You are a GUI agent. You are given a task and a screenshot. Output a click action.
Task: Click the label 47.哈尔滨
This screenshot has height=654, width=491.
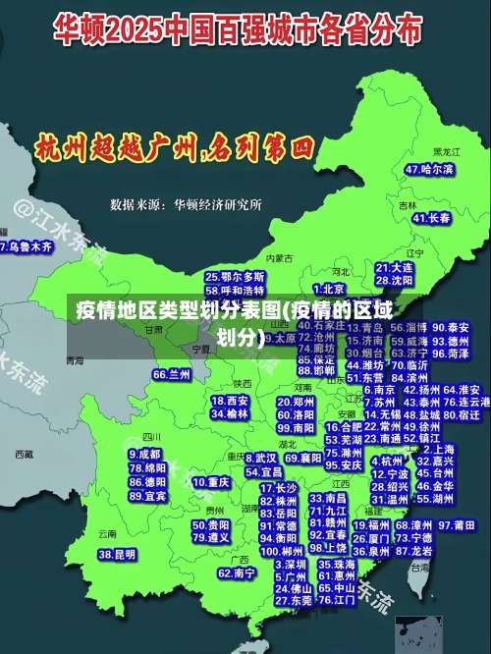pos(429,169)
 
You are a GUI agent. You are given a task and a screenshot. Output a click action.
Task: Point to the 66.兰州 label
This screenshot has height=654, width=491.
pos(172,375)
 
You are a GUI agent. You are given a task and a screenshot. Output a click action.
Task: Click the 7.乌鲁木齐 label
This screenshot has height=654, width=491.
pos(27,246)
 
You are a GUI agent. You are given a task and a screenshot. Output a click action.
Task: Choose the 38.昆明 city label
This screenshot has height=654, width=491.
pos(117,555)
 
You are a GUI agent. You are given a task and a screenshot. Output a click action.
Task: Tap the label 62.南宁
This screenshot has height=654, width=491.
pos(237,572)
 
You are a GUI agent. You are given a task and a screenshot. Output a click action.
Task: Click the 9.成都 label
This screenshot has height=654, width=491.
pos(144,455)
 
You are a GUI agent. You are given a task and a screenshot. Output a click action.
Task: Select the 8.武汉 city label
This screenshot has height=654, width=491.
pos(260,458)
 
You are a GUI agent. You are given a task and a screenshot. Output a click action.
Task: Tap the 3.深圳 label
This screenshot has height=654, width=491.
pos(290,566)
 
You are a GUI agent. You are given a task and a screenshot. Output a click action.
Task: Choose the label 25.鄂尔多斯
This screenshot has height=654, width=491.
pos(235,277)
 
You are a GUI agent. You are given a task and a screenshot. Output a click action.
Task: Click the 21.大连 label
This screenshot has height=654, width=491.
pos(394,267)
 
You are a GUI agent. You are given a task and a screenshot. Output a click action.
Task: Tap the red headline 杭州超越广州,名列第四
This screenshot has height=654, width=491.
pos(173,148)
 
